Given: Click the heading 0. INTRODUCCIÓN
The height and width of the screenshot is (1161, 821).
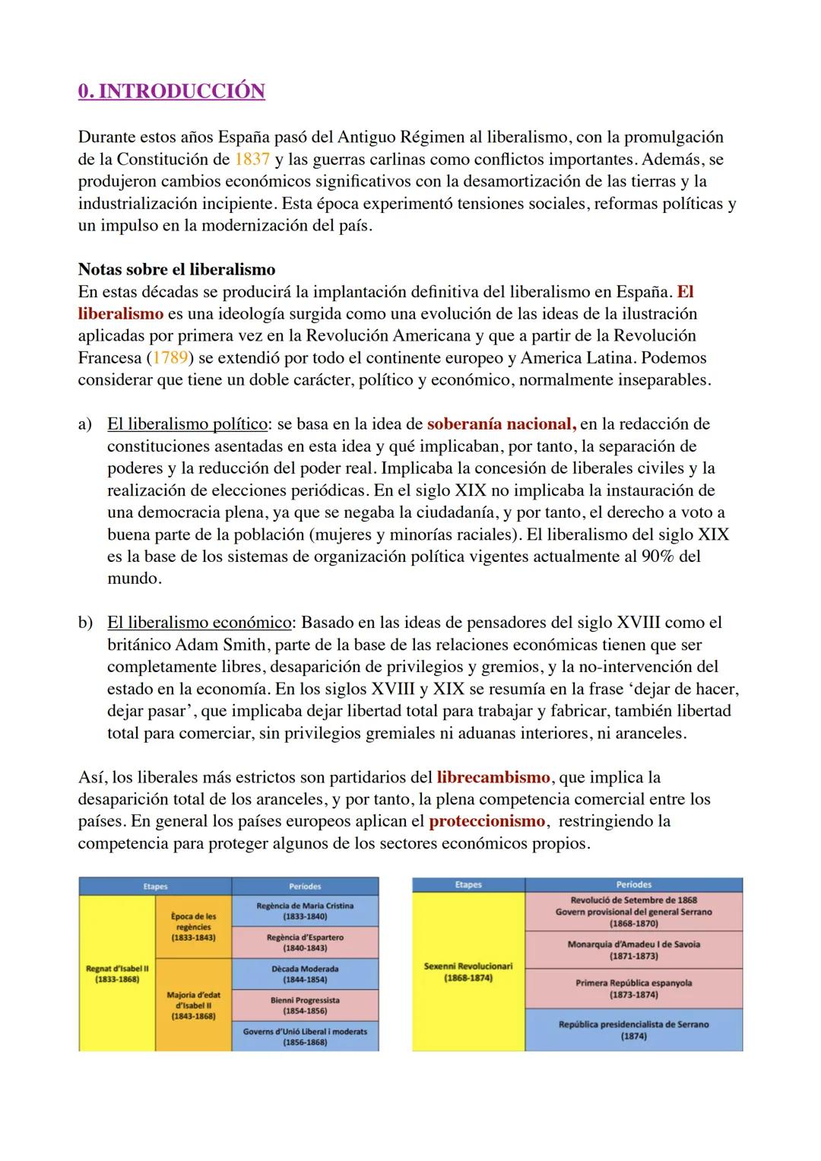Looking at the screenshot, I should pyautogui.click(x=171, y=91).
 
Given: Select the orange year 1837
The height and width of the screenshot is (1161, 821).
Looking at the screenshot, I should pyautogui.click(x=250, y=160).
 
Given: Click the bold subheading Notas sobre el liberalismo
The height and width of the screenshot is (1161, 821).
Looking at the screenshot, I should pyautogui.click(x=176, y=270).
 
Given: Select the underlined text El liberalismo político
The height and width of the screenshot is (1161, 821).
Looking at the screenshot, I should pyautogui.click(x=187, y=424).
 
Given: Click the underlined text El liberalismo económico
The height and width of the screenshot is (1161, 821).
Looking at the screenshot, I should pyautogui.click(x=199, y=623).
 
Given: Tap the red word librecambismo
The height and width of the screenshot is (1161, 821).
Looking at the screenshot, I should pyautogui.click(x=493, y=778).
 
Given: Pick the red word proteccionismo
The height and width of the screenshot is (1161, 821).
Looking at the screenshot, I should pyautogui.click(x=487, y=822).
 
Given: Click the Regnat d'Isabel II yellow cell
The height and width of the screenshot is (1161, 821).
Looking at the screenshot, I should pyautogui.click(x=117, y=974).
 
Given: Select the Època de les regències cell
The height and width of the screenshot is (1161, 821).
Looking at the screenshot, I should pyautogui.click(x=193, y=927).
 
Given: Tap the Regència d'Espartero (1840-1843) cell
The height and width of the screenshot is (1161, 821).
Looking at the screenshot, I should pyautogui.click(x=305, y=943).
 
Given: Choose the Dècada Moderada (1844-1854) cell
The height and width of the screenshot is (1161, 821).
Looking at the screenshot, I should pyautogui.click(x=305, y=974).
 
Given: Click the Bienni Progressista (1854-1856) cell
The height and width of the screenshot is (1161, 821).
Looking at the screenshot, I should pyautogui.click(x=305, y=1005).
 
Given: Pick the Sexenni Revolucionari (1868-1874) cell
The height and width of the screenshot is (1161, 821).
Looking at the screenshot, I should pyautogui.click(x=468, y=972).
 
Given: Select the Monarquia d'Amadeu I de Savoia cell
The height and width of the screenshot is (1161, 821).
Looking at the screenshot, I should pyautogui.click(x=634, y=950).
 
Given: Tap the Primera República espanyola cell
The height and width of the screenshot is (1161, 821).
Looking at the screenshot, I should pyautogui.click(x=634, y=988).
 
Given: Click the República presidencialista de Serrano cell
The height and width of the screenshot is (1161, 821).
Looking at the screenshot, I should pyautogui.click(x=634, y=1029).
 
